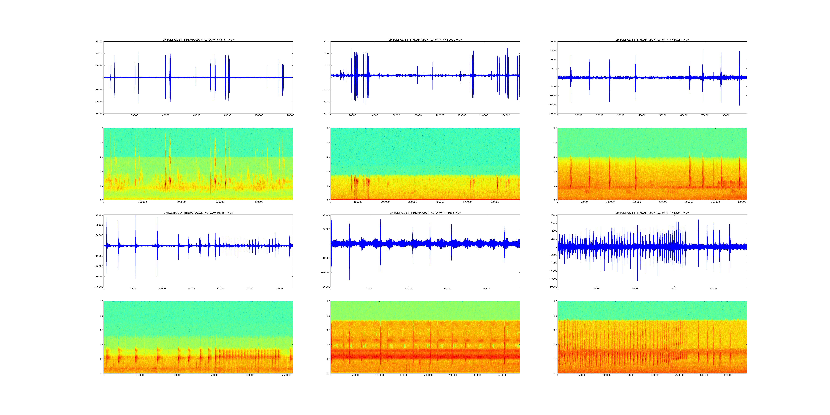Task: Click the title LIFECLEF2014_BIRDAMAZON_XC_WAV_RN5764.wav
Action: pos(198,40)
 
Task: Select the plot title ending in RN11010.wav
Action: pos(425,40)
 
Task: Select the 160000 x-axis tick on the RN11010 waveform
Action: pos(506,115)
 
